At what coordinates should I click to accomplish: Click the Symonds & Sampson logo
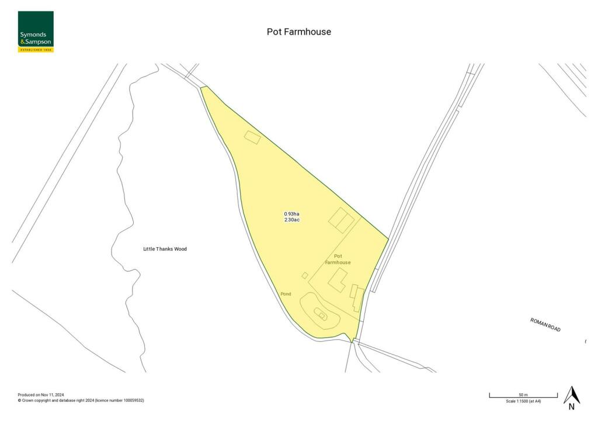tap(36, 32)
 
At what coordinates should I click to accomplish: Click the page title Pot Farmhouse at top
tap(298, 32)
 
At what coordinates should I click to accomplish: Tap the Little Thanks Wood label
tap(165, 249)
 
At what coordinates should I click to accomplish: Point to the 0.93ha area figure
tap(291, 214)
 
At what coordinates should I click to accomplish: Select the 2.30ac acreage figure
tap(291, 220)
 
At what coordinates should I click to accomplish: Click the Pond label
tap(286, 294)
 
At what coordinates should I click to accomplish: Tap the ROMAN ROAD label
tap(545, 325)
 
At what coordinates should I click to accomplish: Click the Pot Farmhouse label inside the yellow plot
tap(338, 259)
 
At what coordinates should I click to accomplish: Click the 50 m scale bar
tap(523, 396)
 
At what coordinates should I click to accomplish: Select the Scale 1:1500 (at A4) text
tap(523, 401)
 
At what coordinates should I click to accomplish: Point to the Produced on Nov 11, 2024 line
tap(42, 395)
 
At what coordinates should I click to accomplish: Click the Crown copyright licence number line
tap(81, 401)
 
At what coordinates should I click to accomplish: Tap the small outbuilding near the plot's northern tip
tap(252, 137)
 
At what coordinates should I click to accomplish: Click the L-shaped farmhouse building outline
tap(336, 281)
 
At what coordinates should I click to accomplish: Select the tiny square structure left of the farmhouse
tap(305, 275)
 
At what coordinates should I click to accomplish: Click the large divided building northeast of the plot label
tap(342, 220)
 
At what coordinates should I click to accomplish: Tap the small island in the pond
tap(321, 314)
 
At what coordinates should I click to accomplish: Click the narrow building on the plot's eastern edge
tap(357, 298)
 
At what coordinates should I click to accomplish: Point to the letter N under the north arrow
tap(571, 407)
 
